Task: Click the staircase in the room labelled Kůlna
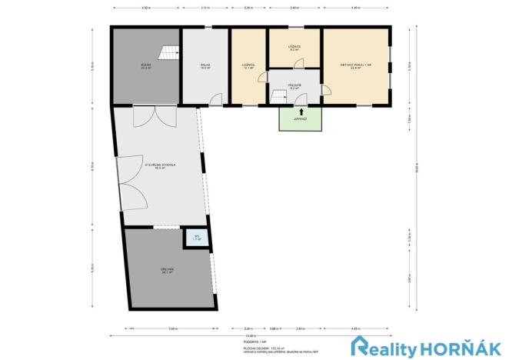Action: click(167, 53)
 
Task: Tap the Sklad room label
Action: click(205, 67)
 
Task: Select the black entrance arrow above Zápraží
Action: click(301, 112)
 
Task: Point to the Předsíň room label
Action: click(294, 87)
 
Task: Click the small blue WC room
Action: click(197, 238)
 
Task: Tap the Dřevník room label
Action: click(167, 270)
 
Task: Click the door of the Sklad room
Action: click(216, 98)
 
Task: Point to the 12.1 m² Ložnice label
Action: click(248, 65)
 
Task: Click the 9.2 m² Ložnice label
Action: click(294, 48)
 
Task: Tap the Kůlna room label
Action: click(145, 67)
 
